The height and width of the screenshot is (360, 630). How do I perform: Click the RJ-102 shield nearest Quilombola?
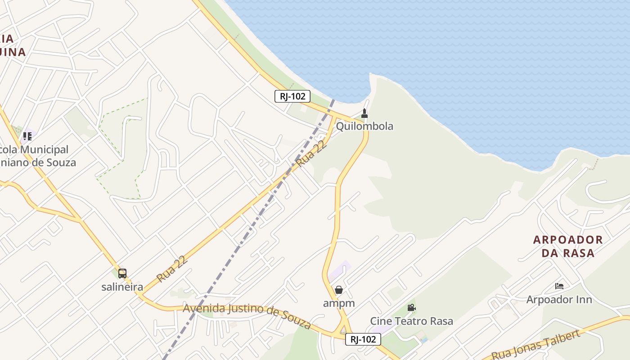(x=292, y=96)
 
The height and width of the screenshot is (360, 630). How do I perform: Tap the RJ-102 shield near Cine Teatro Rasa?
(x=363, y=339)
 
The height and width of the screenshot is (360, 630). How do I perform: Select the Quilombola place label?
(x=364, y=126)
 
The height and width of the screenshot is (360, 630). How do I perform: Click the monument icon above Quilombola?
(x=364, y=113)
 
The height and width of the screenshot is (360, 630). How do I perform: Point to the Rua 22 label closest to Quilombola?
(x=311, y=153)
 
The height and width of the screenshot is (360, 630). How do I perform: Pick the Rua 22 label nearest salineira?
(x=171, y=269)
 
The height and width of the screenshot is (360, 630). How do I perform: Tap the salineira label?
(x=122, y=287)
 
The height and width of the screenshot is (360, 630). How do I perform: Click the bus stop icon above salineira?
(x=122, y=273)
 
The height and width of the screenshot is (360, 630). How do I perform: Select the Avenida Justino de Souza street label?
(x=247, y=313)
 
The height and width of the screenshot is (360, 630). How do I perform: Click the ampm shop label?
(x=339, y=303)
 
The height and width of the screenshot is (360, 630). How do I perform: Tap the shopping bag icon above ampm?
(x=339, y=290)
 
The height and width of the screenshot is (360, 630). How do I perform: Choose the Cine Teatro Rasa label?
(x=411, y=321)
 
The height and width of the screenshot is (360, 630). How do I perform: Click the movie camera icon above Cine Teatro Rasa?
(x=411, y=308)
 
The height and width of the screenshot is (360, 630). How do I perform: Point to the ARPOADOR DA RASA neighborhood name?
(x=568, y=246)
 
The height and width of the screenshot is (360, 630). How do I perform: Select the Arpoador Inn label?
(x=559, y=300)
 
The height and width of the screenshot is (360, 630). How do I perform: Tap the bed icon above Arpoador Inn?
(x=559, y=286)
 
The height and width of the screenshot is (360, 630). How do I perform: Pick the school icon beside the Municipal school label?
(x=27, y=136)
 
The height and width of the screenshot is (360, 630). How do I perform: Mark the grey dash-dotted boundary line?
(x=252, y=225)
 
